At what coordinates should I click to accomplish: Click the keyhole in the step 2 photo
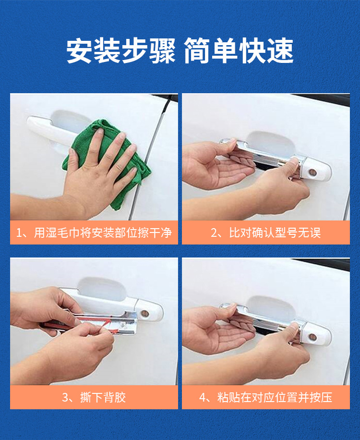(x=312, y=172)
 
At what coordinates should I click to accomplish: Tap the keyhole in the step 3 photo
(x=145, y=314)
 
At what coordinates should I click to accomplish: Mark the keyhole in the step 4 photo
(x=312, y=337)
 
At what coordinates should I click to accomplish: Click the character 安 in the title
(x=79, y=51)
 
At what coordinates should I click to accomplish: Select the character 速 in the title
(x=280, y=51)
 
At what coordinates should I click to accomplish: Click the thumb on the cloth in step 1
(x=72, y=160)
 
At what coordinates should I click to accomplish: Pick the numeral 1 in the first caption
(x=19, y=233)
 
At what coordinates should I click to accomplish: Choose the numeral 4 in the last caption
(x=203, y=398)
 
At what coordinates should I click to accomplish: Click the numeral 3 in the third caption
(x=65, y=398)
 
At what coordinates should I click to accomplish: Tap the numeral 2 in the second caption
(x=214, y=233)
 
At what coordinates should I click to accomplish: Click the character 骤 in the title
(x=162, y=51)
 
